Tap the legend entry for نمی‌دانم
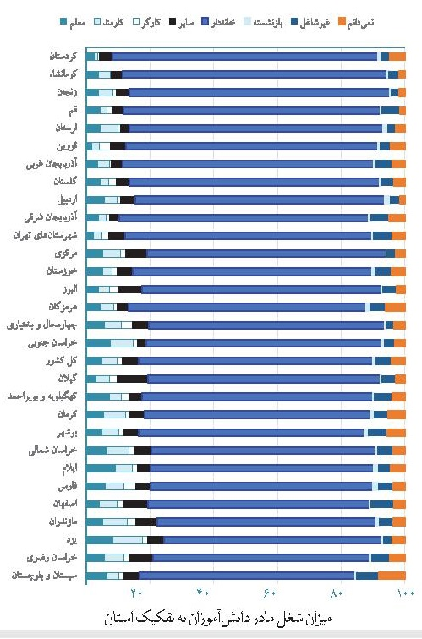point(386,22)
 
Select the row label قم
point(74,111)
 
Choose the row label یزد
point(74,539)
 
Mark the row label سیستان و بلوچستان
point(47,575)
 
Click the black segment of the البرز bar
point(129,289)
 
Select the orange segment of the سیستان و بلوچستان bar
point(392,576)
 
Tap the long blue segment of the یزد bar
point(271,539)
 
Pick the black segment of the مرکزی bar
point(135,254)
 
